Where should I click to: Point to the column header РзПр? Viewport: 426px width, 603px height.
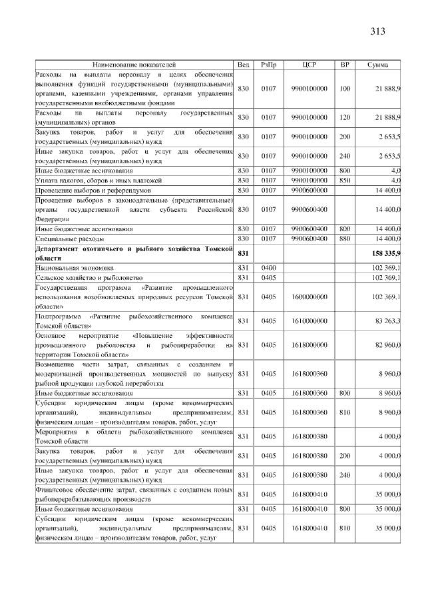tap(268, 65)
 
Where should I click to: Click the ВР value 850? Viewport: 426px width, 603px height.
tap(344, 180)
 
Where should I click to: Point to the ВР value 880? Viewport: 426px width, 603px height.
tap(344, 239)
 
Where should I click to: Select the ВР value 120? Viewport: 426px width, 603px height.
tap(344, 117)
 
